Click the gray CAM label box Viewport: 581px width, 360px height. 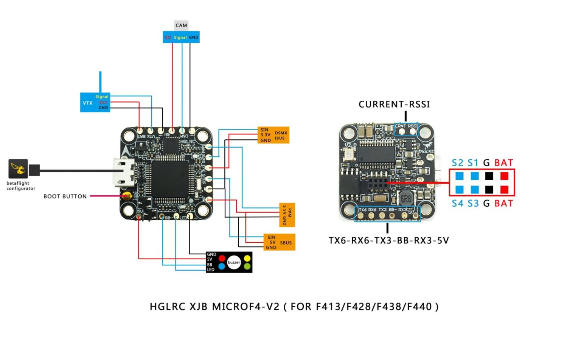coord(181,25)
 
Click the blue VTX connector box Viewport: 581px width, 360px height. coord(95,102)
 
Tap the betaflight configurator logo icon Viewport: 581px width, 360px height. coord(18,168)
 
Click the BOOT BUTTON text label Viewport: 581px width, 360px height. coord(65,196)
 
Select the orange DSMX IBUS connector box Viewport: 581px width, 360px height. coord(273,135)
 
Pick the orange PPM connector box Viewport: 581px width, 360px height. coord(287,215)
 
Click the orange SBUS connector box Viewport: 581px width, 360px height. coord(279,242)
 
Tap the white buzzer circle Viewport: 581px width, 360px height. coord(234,262)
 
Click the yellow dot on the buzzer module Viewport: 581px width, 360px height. coord(247,258)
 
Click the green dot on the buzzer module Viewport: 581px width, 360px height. coord(247,267)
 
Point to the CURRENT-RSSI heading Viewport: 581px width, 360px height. coord(394,104)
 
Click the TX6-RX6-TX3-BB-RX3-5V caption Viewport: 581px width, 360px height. coord(388,240)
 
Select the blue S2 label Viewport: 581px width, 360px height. coord(457,163)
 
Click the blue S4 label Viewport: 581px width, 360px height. coord(457,203)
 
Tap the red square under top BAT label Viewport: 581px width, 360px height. coord(504,176)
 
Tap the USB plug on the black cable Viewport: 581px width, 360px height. coord(34,170)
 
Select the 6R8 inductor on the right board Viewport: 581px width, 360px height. coord(405,199)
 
